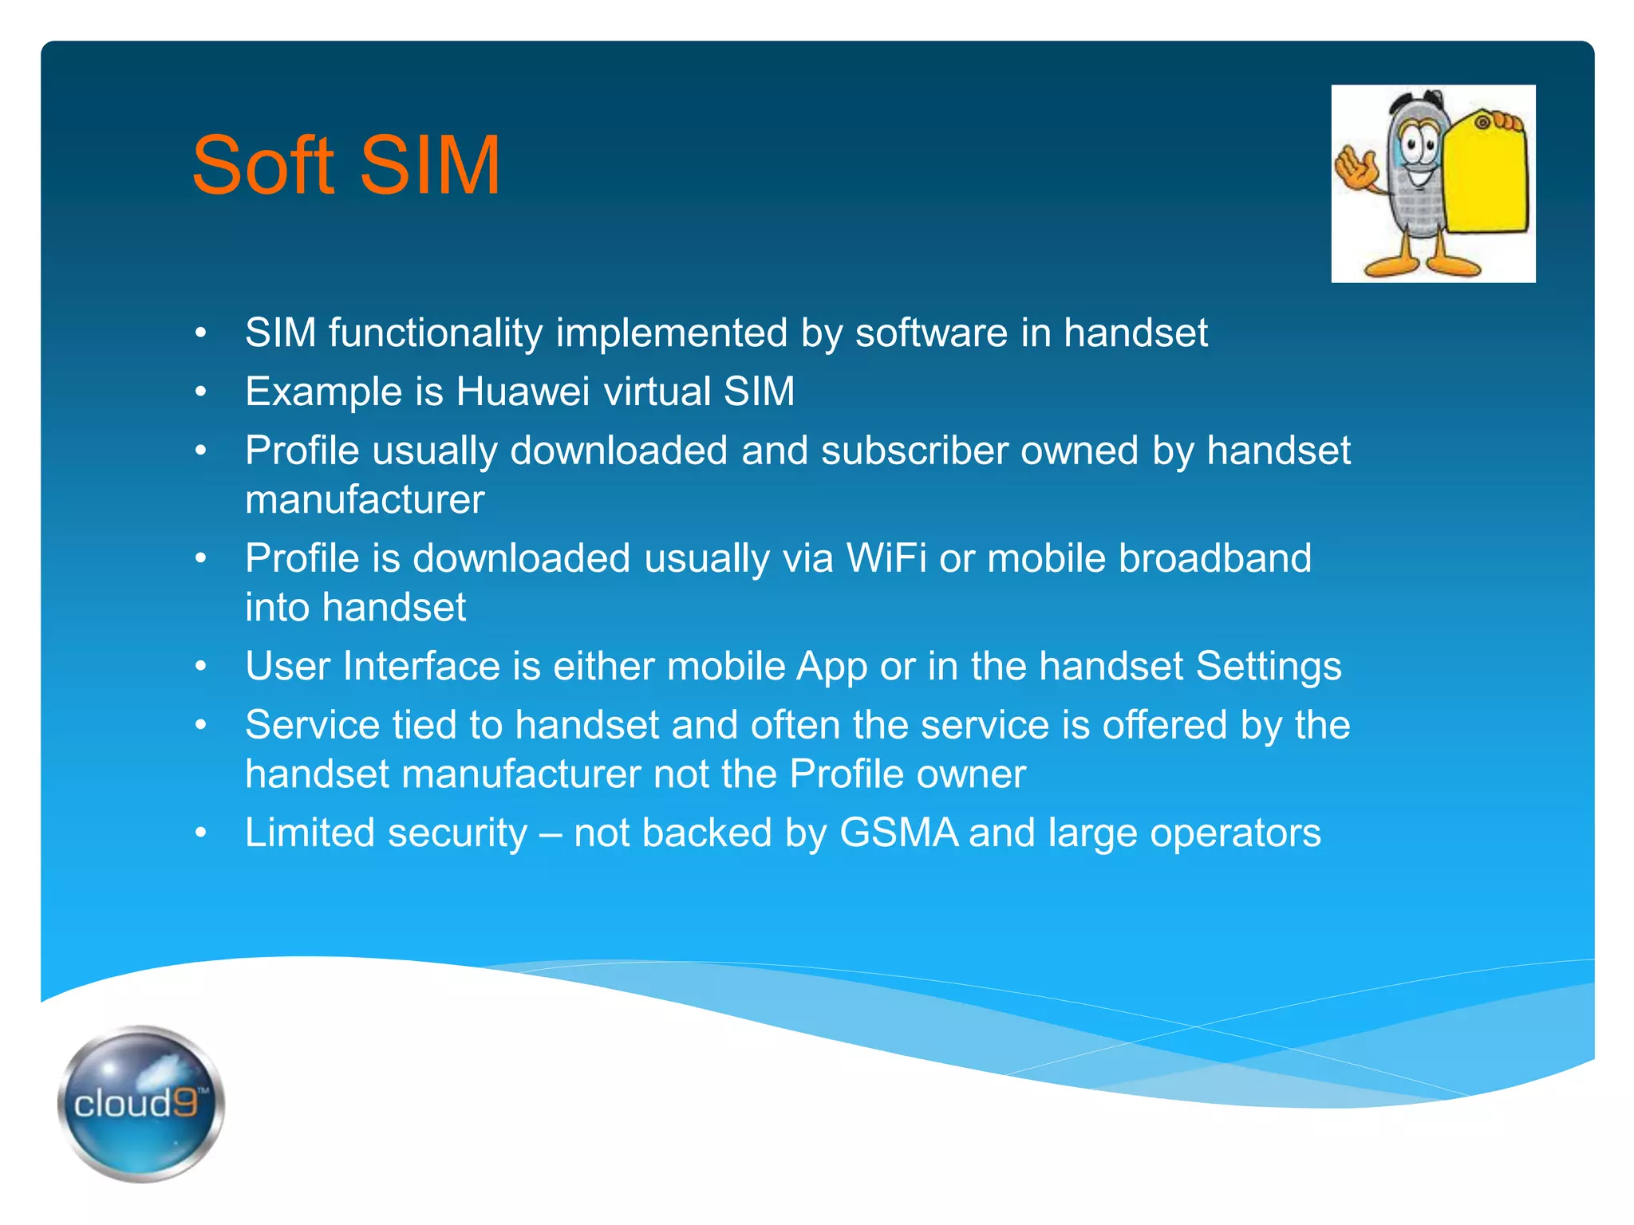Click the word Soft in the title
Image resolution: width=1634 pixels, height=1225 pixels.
pos(263,165)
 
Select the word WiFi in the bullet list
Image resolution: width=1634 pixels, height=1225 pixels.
pos(886,558)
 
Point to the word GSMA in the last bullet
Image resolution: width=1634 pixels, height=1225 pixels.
pos(898,833)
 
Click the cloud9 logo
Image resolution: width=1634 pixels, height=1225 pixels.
pos(141,1104)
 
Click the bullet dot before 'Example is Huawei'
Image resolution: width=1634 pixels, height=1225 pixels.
pos(201,392)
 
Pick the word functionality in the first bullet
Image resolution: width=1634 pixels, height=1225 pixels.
pos(435,333)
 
